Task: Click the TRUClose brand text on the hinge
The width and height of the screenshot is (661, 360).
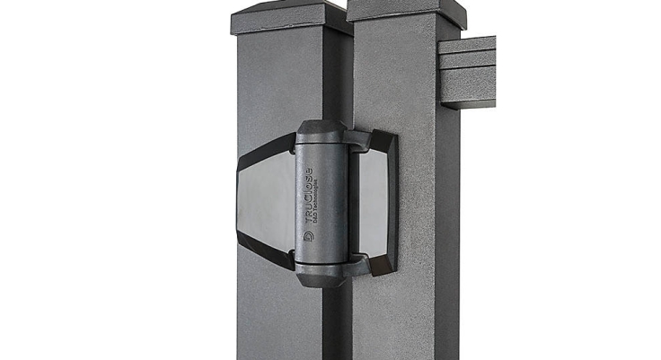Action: pos(308,193)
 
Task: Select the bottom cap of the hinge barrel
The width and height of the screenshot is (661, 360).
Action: pos(322,275)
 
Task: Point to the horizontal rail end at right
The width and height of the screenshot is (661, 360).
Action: pos(467,72)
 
